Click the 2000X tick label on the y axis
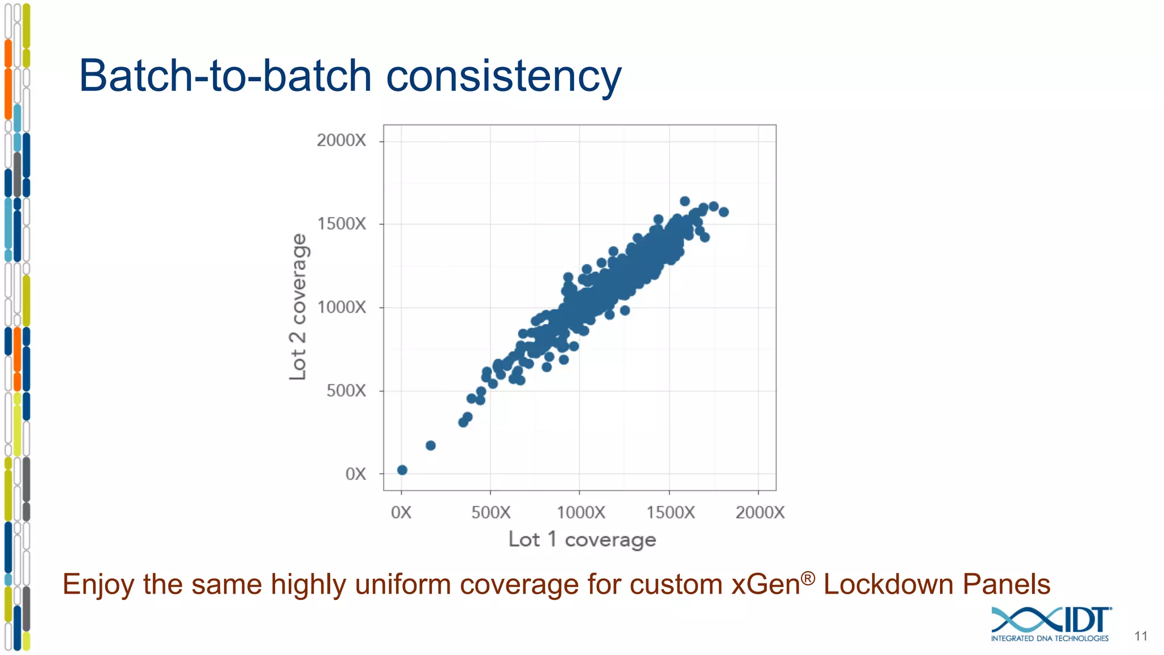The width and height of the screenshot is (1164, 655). [341, 140]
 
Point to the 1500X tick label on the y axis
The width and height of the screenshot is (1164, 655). [341, 224]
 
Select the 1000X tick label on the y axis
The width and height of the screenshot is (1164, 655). [341, 308]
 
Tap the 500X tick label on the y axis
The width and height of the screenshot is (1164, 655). [346, 391]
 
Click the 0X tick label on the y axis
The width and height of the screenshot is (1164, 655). [356, 474]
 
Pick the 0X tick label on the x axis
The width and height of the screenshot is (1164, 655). [401, 512]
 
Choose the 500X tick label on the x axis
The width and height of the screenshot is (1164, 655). [491, 512]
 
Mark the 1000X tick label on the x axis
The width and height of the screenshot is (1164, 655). [581, 512]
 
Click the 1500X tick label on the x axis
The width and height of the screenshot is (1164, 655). [671, 512]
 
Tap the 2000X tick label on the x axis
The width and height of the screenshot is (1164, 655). [760, 512]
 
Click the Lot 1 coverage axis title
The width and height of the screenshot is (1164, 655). [582, 540]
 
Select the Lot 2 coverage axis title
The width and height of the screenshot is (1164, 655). [298, 307]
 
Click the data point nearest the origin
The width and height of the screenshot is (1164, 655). [402, 470]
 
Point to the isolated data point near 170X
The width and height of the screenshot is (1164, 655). [431, 445]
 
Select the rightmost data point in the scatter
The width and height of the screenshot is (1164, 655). [724, 212]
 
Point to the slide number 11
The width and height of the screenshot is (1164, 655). [1141, 636]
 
